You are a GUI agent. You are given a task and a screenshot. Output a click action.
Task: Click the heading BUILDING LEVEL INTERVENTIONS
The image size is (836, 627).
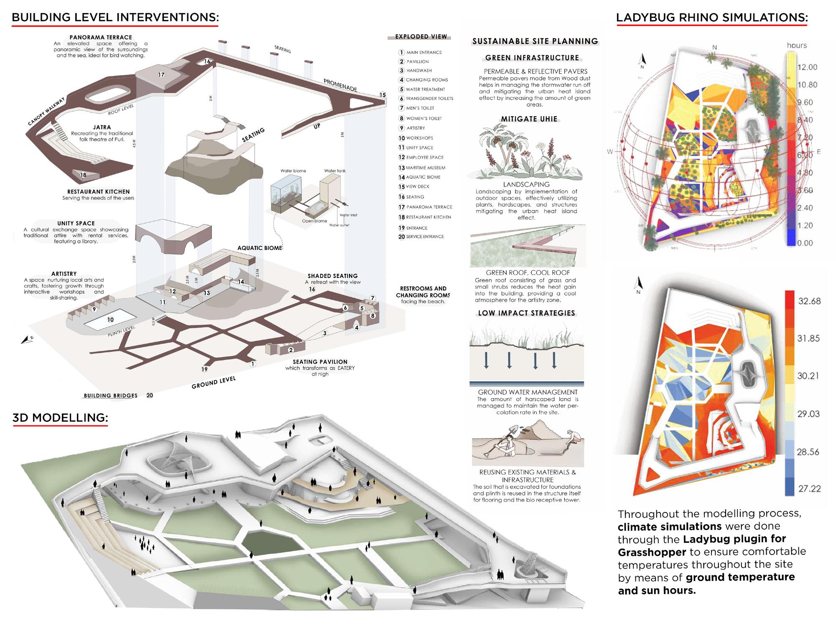[x=115, y=17]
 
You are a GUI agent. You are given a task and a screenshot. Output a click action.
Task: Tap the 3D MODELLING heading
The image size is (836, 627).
[x=60, y=418]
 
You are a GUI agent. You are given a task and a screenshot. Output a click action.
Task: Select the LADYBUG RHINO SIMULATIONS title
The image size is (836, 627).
[x=712, y=17]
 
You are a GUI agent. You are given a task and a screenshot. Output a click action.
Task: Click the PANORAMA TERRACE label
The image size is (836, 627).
[x=101, y=37]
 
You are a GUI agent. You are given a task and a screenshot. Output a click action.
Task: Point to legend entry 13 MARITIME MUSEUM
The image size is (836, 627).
[x=422, y=168]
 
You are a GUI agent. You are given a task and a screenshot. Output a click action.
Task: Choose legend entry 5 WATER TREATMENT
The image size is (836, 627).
[x=422, y=89]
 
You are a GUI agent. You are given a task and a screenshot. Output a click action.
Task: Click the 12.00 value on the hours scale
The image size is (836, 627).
[x=807, y=67]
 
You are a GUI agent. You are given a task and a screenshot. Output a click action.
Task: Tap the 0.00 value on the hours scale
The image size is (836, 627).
[x=805, y=243]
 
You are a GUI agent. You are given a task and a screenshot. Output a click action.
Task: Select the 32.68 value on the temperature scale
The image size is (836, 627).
[x=809, y=301]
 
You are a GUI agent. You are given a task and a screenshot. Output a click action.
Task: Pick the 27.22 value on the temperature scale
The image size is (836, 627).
[x=809, y=488]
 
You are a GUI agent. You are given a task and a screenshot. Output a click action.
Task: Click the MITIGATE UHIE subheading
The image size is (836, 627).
[x=529, y=119]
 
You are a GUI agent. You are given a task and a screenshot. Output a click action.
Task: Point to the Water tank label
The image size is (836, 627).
[x=335, y=171]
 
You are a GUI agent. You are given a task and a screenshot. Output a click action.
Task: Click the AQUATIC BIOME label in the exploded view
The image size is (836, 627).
[x=260, y=248]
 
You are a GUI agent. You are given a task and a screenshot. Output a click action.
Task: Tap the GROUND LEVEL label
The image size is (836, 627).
[x=214, y=382]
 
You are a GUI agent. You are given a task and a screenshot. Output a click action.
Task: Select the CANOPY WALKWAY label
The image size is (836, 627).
[x=46, y=112]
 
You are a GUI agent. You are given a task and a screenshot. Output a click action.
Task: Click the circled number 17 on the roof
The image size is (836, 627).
[x=161, y=75]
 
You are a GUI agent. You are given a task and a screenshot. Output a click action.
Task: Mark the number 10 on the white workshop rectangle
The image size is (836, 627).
[x=110, y=320]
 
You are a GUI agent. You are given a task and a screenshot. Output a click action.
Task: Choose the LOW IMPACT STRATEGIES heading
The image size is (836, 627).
[x=526, y=313]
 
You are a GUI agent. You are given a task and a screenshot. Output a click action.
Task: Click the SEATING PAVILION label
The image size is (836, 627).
[x=320, y=362]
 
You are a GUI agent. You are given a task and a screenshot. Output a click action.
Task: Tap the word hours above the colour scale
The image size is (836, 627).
[x=797, y=46]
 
